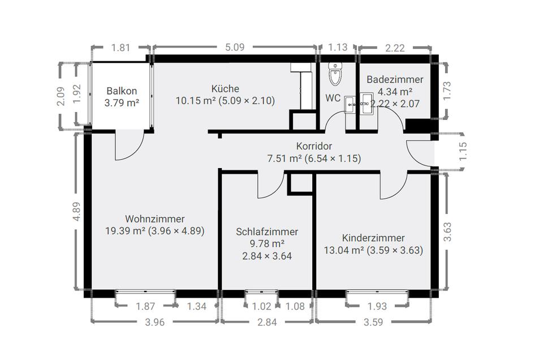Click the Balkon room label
pyautogui.click(x=122, y=91)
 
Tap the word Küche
pyautogui.click(x=225, y=89)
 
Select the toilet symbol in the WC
pyautogui.click(x=335, y=74)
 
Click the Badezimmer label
pyautogui.click(x=395, y=80)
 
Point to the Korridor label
pyautogui.click(x=314, y=146)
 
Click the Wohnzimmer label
pyautogui.click(x=155, y=219)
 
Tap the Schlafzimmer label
pyautogui.click(x=267, y=232)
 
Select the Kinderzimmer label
pyautogui.click(x=373, y=238)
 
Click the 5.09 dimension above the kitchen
pyautogui.click(x=235, y=47)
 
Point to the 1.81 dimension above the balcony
pyautogui.click(x=120, y=48)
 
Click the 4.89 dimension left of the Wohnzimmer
pyautogui.click(x=76, y=211)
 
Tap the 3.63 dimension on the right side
pyautogui.click(x=447, y=232)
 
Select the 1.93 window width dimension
pyautogui.click(x=377, y=306)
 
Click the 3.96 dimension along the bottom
pyautogui.click(x=154, y=322)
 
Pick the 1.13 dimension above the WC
pyautogui.click(x=337, y=47)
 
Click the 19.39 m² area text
pyautogui.click(x=125, y=231)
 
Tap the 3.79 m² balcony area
pyautogui.click(x=122, y=103)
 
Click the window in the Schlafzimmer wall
pyautogui.click(x=261, y=293)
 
